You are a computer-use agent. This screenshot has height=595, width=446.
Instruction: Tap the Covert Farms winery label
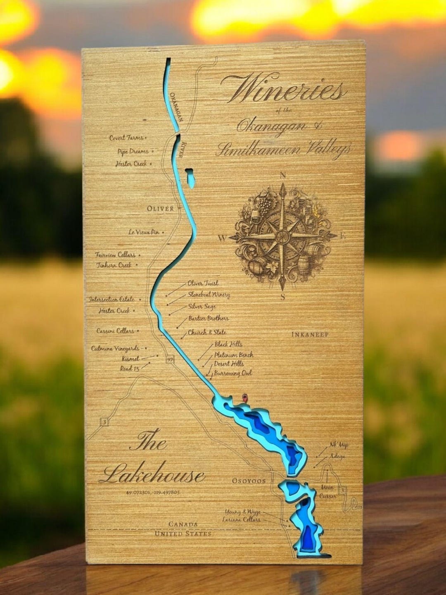[x=126, y=138]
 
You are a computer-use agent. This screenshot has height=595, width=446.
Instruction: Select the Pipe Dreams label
[x=133, y=152]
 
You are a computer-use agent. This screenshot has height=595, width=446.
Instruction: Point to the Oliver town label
[x=160, y=209]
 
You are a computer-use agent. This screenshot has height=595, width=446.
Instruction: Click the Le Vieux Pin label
[x=143, y=232]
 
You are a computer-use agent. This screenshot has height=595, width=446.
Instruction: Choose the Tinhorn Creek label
[x=114, y=265]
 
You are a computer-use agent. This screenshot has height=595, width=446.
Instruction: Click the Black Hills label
[x=228, y=344]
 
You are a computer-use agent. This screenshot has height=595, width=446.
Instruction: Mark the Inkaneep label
[x=310, y=334]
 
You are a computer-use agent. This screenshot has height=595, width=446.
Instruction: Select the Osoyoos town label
[x=248, y=481]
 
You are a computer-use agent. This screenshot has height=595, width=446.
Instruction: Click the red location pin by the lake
[x=245, y=398]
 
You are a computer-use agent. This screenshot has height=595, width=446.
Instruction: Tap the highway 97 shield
[x=170, y=359]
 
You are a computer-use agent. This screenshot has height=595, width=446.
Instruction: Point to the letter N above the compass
[x=283, y=175]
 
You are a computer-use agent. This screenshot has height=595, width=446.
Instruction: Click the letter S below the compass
[x=283, y=296]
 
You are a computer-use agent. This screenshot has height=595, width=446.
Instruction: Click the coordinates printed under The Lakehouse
[x=153, y=493]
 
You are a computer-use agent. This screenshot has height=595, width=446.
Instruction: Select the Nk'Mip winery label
[x=338, y=445]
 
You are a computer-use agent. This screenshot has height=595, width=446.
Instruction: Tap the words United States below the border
[x=183, y=533]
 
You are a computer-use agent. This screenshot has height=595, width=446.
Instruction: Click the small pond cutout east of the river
[x=190, y=178]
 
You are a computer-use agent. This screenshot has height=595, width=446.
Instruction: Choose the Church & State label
[x=207, y=332]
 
